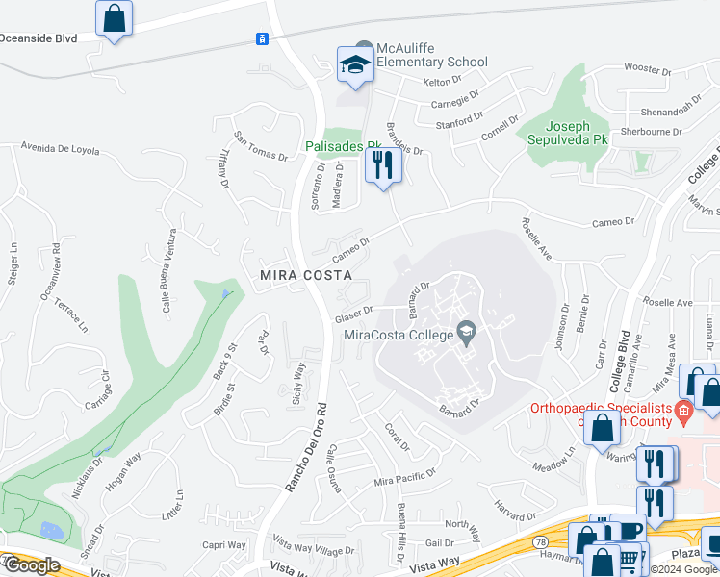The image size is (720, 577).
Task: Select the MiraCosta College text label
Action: coord(399,335)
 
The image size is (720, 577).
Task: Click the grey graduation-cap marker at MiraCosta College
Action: coord(467,333)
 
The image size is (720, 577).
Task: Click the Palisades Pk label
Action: coord(343,146)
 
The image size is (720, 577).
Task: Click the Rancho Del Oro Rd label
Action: coord(307,434)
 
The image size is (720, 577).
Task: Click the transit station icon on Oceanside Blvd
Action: coord(261,38)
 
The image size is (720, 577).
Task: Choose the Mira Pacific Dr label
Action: coord(404,476)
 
